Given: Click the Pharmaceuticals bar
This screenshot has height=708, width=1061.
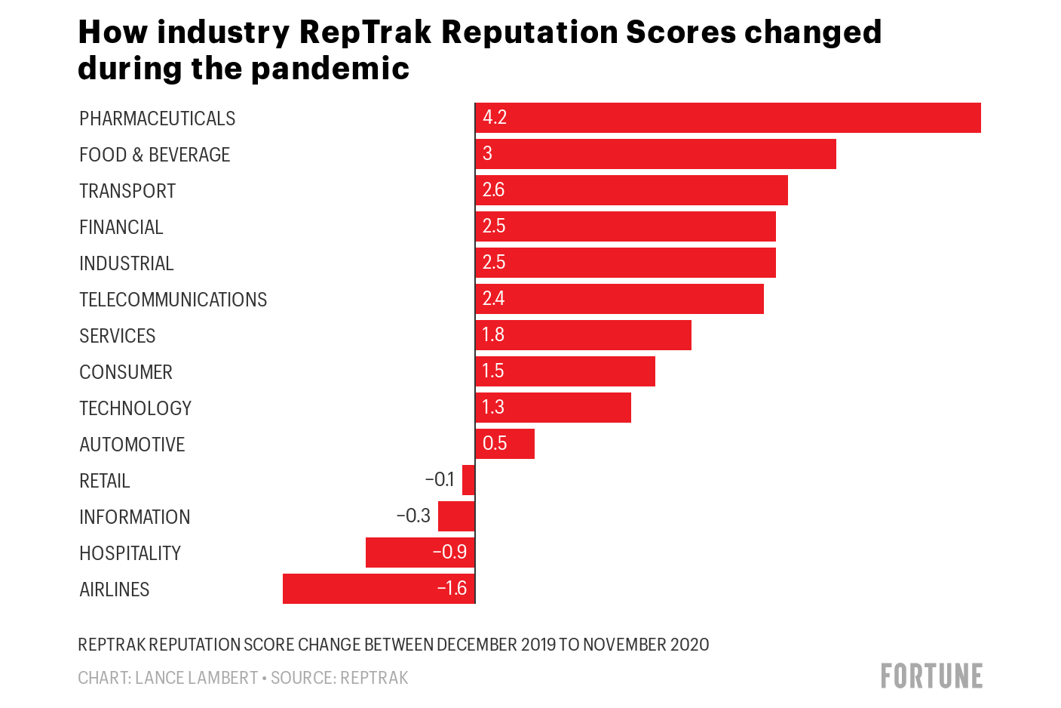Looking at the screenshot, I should pyautogui.click(x=728, y=118).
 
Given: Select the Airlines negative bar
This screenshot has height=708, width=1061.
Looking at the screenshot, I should pyautogui.click(x=379, y=589).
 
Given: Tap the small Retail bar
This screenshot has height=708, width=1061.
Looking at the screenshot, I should pyautogui.click(x=468, y=480).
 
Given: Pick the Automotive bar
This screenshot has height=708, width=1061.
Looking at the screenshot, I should pyautogui.click(x=505, y=444).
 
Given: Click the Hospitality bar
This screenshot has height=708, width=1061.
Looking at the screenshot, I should pyautogui.click(x=420, y=553).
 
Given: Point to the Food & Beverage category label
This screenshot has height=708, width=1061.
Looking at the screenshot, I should pyautogui.click(x=155, y=155).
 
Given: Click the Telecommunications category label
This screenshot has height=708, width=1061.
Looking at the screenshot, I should pyautogui.click(x=173, y=300).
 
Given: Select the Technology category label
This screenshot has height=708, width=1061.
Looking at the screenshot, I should pyautogui.click(x=135, y=408).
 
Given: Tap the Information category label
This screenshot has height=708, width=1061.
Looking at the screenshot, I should pyautogui.click(x=134, y=517).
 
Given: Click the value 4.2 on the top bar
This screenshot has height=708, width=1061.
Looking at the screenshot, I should pyautogui.click(x=495, y=118).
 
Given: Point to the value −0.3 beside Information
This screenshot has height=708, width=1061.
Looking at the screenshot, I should pyautogui.click(x=413, y=516).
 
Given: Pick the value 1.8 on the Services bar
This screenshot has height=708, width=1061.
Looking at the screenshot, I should pyautogui.click(x=493, y=335).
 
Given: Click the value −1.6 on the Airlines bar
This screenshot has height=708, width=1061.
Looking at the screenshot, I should pyautogui.click(x=452, y=589).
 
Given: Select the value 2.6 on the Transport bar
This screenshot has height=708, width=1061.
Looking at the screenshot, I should pyautogui.click(x=493, y=190).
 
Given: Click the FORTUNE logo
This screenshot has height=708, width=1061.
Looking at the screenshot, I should pyautogui.click(x=931, y=676).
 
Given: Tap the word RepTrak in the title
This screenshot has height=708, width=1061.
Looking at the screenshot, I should pyautogui.click(x=365, y=32).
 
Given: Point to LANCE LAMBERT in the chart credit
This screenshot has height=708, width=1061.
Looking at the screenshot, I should pyautogui.click(x=196, y=678).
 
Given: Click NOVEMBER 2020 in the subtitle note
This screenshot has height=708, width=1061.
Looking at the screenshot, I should pyautogui.click(x=645, y=645).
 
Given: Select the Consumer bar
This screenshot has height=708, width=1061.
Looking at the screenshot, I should pyautogui.click(x=566, y=371).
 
